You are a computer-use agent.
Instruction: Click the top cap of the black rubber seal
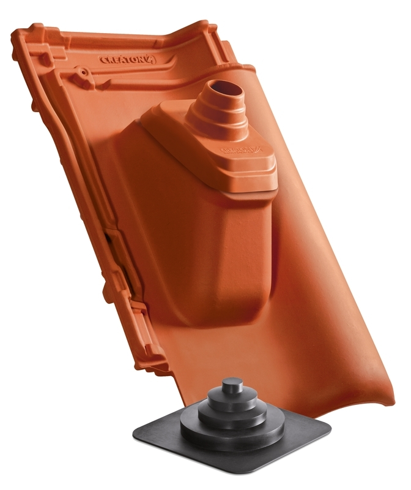click(231, 388)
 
